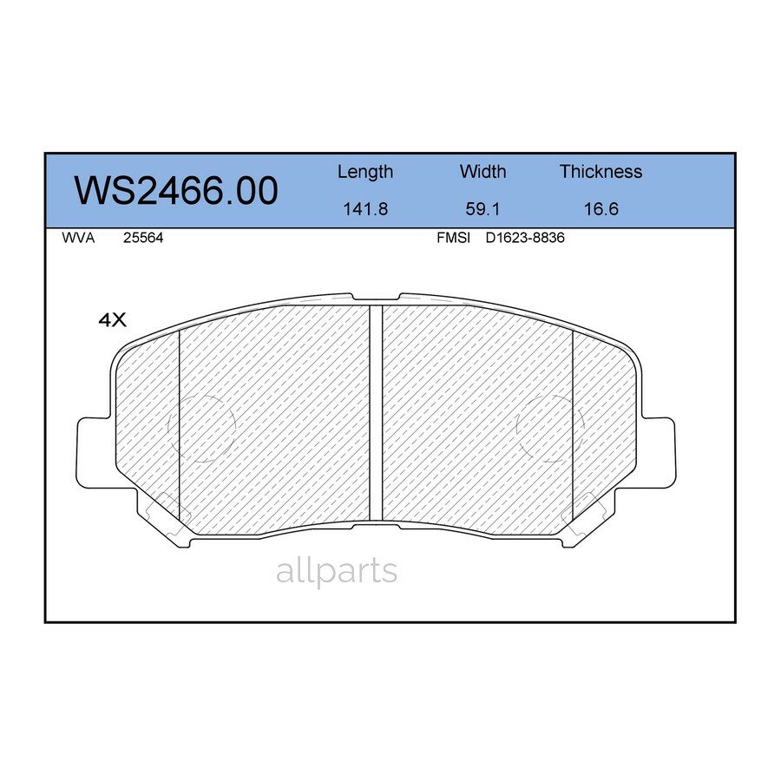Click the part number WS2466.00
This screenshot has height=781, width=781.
tap(176, 191)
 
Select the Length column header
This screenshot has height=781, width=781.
tap(364, 172)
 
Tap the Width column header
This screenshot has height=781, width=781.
tap(482, 172)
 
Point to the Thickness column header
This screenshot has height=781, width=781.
tap(601, 172)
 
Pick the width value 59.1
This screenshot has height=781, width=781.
tap(482, 209)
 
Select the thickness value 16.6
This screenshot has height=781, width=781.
tap(601, 209)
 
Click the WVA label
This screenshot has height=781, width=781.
tap(78, 238)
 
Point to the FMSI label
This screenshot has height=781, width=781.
tap(453, 238)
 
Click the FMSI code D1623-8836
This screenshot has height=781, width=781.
tap(525, 238)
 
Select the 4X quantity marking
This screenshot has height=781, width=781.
tap(113, 320)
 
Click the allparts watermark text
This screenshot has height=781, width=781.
tap(337, 571)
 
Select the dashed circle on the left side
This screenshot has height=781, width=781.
tap(207, 428)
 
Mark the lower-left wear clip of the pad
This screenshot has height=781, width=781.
tap(167, 514)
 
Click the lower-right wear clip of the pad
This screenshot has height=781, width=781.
tap(583, 514)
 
